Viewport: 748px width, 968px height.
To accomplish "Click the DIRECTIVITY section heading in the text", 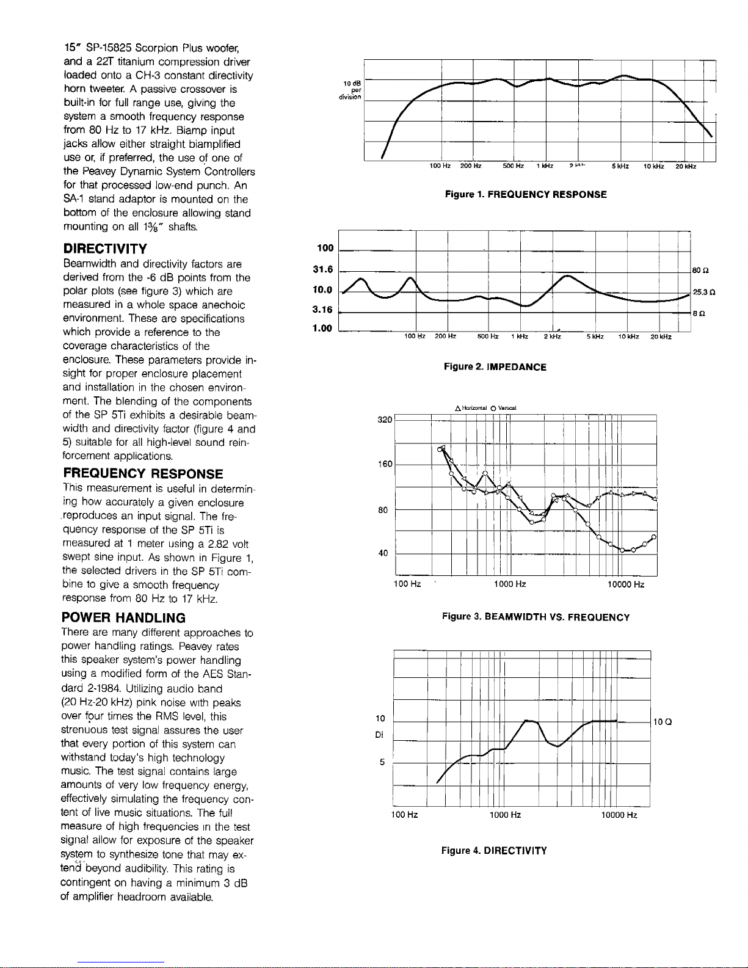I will point(105,249).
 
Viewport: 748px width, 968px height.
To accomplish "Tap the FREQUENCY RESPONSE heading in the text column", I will point(143,474).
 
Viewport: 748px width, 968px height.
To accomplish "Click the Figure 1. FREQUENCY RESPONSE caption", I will point(525,194).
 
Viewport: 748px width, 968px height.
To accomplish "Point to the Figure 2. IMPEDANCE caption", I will point(495,367).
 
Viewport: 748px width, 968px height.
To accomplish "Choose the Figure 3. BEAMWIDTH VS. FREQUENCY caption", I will point(536,617).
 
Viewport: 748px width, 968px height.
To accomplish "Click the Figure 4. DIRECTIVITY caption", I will point(494,850).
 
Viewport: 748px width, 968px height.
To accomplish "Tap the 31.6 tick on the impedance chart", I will point(322,269).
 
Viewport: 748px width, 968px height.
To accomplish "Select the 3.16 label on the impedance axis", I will point(322,310).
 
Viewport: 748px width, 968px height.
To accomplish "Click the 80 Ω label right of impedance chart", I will point(700,270).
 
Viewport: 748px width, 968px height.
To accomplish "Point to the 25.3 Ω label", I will point(703,293).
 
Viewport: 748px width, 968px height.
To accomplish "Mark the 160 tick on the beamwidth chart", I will point(385,464).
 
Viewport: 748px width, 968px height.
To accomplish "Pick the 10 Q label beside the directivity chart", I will point(663,722).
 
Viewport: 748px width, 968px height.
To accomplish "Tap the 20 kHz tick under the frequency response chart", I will point(686,166).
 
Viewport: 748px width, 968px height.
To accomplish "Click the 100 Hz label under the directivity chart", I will point(404,815).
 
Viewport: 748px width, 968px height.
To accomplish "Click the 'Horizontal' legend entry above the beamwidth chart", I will point(471,408).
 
